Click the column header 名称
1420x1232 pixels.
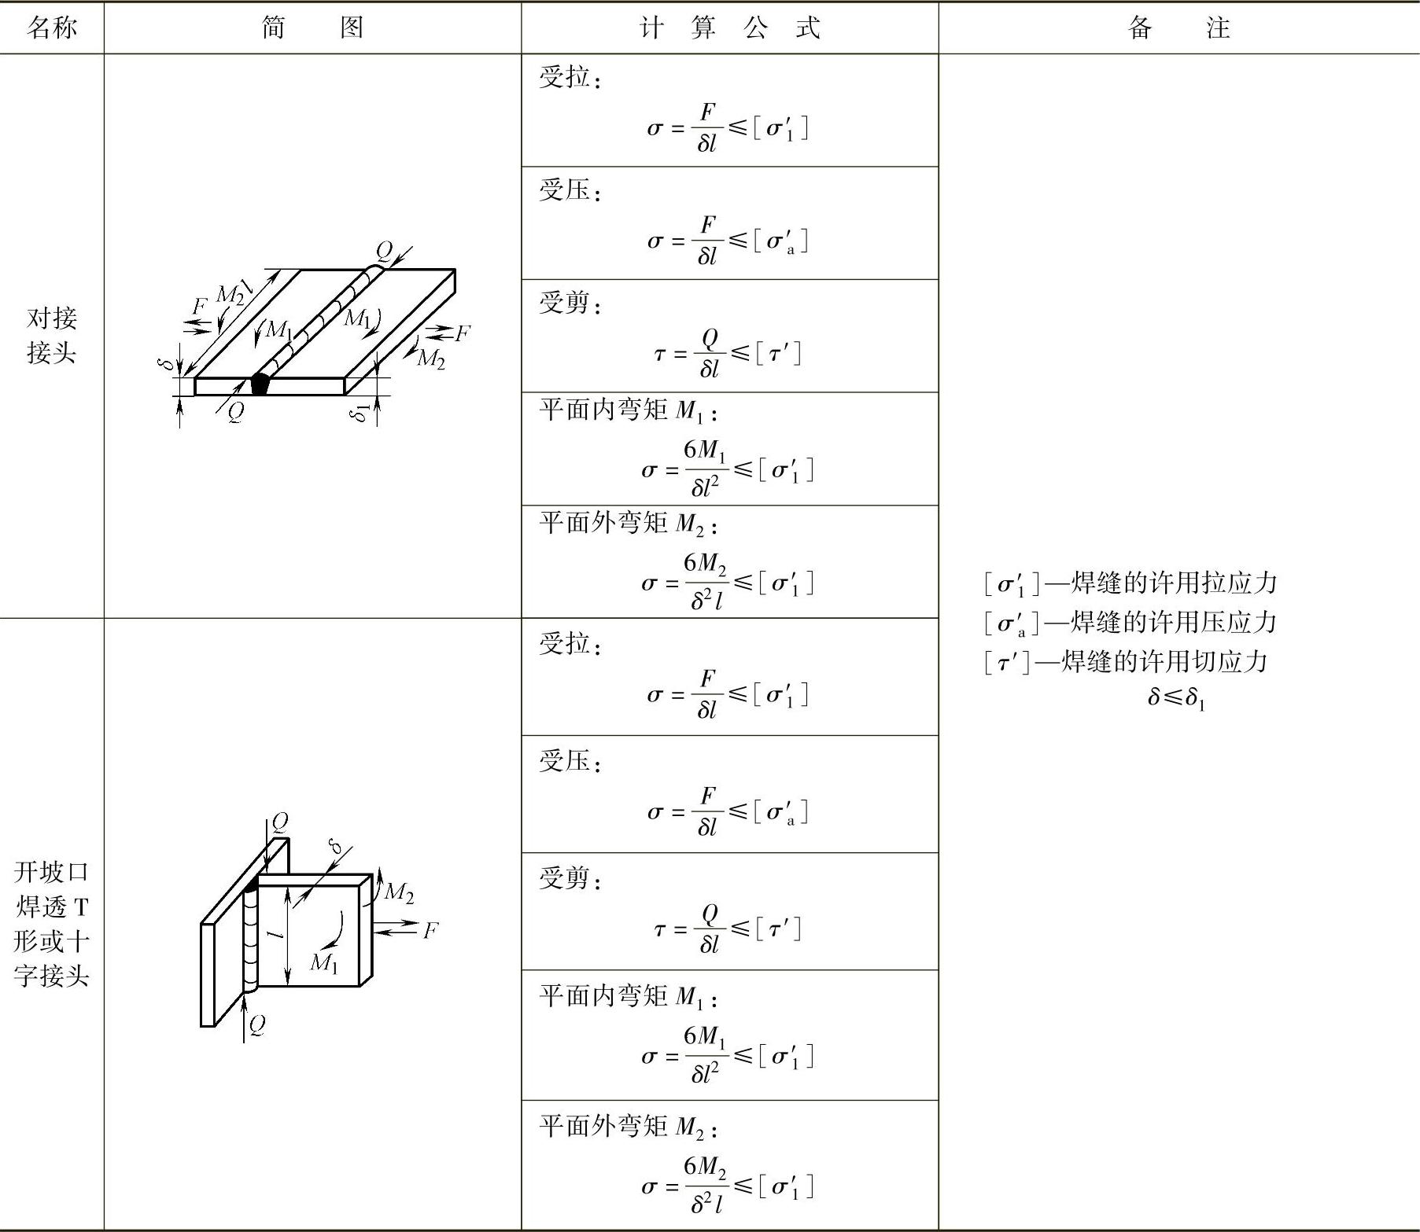pyautogui.click(x=52, y=28)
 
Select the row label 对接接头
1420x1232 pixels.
pyautogui.click(x=52, y=336)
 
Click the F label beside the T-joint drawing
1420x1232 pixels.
pyautogui.click(x=430, y=931)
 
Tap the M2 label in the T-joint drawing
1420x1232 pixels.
pyautogui.click(x=399, y=892)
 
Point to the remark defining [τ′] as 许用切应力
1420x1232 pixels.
pyautogui.click(x=1126, y=662)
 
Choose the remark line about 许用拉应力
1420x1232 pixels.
pyautogui.click(x=1130, y=583)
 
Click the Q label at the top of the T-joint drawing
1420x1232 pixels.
pyautogui.click(x=279, y=822)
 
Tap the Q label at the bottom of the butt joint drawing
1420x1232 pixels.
pyautogui.click(x=235, y=412)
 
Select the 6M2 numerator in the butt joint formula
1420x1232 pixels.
pyautogui.click(x=705, y=564)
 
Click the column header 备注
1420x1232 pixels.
pyautogui.click(x=1178, y=28)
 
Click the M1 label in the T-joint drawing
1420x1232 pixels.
pyautogui.click(x=323, y=962)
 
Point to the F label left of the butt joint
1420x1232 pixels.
pyautogui.click(x=200, y=307)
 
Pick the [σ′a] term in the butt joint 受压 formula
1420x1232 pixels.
pyautogui.click(x=780, y=241)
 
